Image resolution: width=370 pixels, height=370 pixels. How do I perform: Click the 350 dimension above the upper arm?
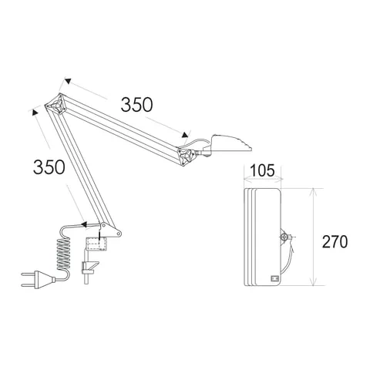(136, 105)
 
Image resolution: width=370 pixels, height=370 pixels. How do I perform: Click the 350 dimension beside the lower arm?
(49, 167)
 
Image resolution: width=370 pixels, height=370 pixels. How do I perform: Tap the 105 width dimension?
(262, 170)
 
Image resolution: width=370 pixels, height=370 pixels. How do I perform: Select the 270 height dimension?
(335, 241)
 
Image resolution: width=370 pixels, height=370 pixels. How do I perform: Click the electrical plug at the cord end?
(38, 280)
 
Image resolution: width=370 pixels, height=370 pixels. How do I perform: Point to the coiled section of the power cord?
(63, 254)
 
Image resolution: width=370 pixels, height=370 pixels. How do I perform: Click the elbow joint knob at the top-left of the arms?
(56, 106)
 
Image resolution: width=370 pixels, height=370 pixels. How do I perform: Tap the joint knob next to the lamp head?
(187, 156)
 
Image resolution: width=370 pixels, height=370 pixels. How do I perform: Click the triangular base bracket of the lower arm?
(110, 230)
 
